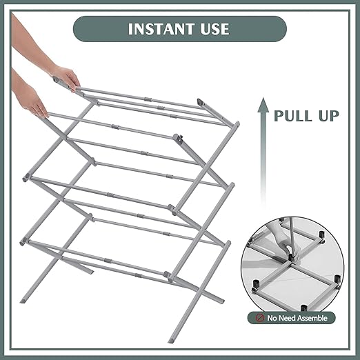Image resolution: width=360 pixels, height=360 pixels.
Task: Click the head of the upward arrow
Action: [x=263, y=105]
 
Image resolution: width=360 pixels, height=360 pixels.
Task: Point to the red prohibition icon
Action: [x=259, y=318]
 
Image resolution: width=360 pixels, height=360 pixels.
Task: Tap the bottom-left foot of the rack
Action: [x=23, y=301]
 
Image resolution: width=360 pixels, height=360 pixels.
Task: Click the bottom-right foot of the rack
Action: [x=171, y=340]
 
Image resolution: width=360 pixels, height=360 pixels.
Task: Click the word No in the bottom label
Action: [x=272, y=318]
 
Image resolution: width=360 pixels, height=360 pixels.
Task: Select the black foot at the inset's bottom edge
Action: [x=304, y=308]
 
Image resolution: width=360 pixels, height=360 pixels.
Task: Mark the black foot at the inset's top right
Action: [x=321, y=235]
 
